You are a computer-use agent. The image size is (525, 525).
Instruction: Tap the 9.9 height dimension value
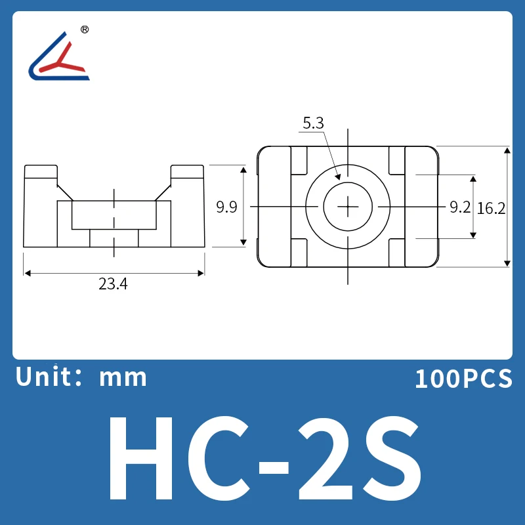point(227,207)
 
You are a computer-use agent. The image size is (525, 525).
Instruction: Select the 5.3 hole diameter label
point(313,123)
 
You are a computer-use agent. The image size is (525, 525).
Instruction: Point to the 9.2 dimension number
point(460,207)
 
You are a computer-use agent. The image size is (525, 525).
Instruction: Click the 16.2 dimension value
point(492,208)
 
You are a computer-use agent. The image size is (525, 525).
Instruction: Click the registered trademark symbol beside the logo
point(84,30)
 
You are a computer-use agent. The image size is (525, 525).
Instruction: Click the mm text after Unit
point(123,378)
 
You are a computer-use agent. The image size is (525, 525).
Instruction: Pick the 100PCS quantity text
point(463,379)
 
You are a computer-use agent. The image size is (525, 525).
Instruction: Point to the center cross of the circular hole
point(347,207)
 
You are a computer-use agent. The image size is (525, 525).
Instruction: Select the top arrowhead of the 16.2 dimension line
point(507,150)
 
